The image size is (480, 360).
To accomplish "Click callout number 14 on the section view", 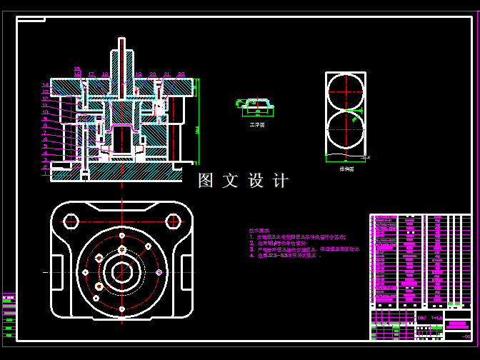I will click(x=45, y=85).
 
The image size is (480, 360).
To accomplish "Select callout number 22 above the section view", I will click(x=181, y=74).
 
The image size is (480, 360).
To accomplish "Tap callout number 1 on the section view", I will click(x=45, y=166).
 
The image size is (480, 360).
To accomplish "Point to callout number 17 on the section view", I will click(x=91, y=74).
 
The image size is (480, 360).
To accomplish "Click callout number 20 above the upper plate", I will click(x=153, y=74).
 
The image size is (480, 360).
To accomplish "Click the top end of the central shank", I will click(x=122, y=40).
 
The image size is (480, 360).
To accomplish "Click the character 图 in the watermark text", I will click(x=206, y=181).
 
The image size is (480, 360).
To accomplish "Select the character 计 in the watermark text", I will click(x=281, y=181).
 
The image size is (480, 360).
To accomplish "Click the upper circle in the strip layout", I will click(x=345, y=92).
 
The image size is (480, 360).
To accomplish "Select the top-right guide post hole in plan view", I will click(x=173, y=221).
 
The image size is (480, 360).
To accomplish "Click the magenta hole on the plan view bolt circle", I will click(x=159, y=272).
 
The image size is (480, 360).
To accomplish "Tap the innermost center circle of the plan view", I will click(x=122, y=271).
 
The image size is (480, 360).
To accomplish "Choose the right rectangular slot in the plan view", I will click(x=187, y=271).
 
